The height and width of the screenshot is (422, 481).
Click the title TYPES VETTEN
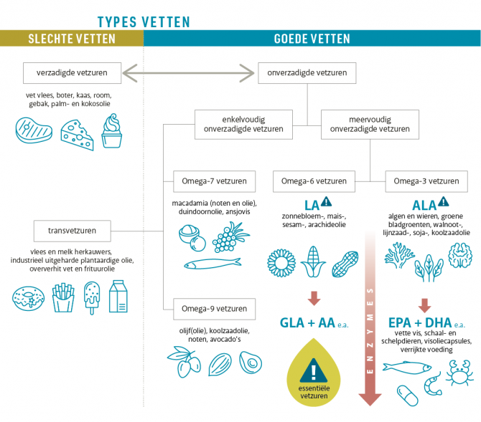[x=144, y=21]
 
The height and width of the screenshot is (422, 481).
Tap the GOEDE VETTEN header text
[x=312, y=39]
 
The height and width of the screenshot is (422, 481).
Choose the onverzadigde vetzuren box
[x=307, y=72]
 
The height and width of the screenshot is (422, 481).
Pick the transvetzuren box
[x=73, y=231]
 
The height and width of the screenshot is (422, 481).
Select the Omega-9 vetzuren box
[x=210, y=310]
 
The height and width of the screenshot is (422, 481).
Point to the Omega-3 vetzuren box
[x=426, y=181]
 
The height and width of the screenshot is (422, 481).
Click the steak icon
[x=33, y=131]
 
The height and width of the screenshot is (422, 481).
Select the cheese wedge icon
[x=76, y=133]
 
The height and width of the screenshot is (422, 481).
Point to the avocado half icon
[x=251, y=362]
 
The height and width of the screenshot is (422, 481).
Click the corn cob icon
[x=312, y=262]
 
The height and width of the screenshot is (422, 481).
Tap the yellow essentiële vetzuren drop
[x=314, y=375]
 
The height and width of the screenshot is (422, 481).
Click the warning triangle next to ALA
[x=443, y=202]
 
